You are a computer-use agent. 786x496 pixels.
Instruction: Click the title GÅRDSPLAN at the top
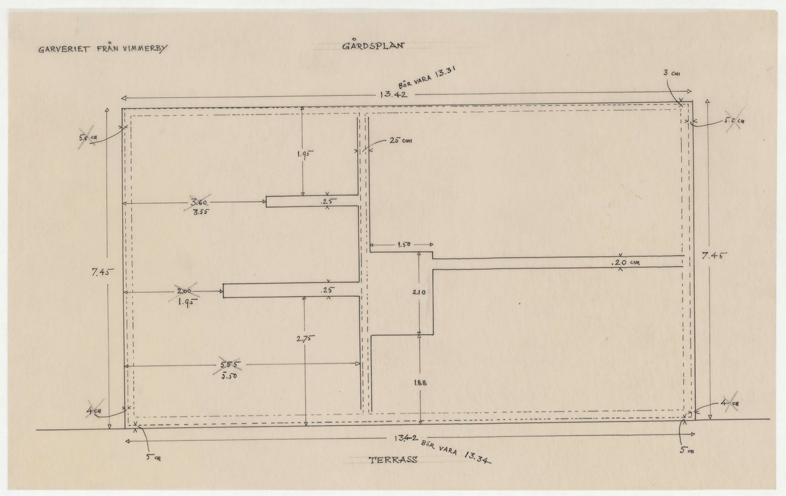coord(374,47)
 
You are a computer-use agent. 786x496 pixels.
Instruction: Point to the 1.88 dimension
coord(421,385)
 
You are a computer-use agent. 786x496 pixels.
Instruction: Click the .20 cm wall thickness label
coord(625,263)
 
